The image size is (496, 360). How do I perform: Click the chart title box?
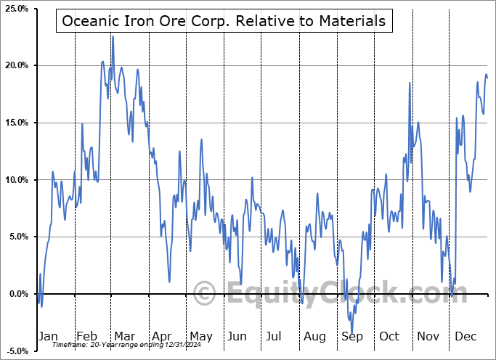point(224,21)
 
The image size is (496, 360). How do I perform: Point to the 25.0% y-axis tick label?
point(15,9)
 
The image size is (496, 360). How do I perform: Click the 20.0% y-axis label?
point(15,66)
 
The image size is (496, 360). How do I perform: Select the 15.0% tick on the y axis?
point(15,123)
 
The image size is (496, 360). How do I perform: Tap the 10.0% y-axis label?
point(15,180)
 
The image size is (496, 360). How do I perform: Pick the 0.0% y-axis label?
point(17,294)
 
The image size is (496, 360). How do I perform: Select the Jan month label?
point(47,336)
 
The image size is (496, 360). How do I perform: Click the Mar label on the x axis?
point(125,336)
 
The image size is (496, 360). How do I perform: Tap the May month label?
point(200,336)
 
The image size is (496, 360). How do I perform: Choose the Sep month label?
point(352,336)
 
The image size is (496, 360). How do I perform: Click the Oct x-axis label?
point(389,336)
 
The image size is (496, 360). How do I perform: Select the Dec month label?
point(465,336)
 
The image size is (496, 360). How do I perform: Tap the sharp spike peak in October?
point(410,83)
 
